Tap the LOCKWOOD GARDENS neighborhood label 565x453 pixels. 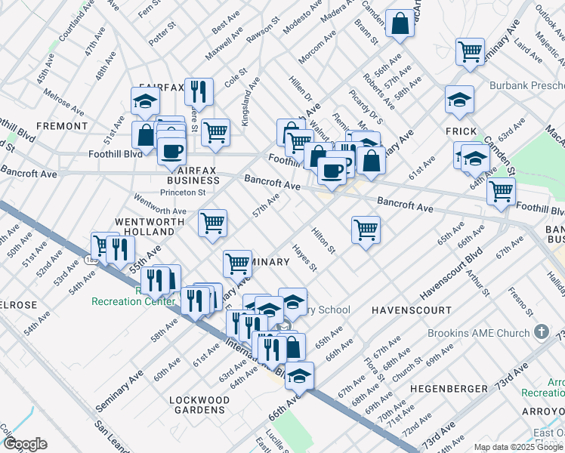(199, 405)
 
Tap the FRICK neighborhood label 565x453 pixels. (461, 131)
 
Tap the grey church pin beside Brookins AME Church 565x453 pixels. (541, 332)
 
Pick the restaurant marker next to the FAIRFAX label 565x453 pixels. (199, 91)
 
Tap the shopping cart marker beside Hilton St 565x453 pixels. (366, 229)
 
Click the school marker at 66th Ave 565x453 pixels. (299, 374)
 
